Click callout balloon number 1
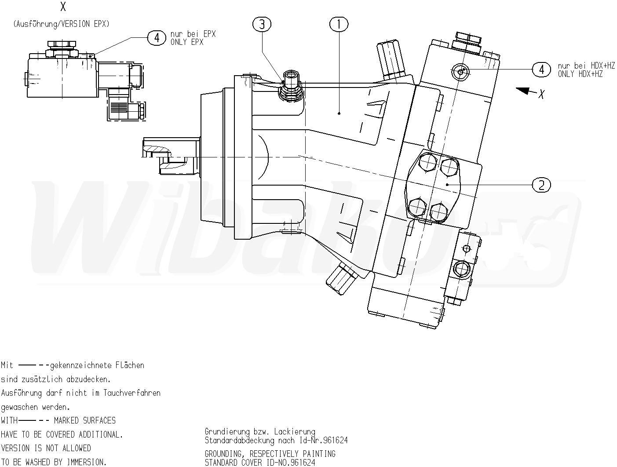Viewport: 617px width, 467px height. click(339, 25)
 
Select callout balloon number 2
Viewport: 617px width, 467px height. click(541, 185)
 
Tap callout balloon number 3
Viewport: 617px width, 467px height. click(262, 25)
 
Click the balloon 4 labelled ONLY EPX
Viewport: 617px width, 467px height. click(157, 38)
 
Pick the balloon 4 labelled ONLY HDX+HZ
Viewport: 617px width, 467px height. click(541, 69)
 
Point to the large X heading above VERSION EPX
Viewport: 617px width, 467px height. click(63, 7)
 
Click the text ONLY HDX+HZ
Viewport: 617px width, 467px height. click(580, 74)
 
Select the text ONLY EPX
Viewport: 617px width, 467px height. click(187, 42)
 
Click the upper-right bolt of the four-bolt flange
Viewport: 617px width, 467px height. click(449, 167)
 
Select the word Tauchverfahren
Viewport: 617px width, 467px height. click(132, 393)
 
